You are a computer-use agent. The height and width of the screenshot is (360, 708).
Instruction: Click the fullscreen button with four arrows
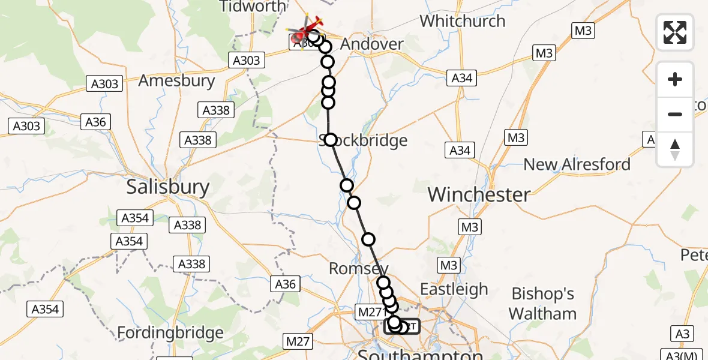675,32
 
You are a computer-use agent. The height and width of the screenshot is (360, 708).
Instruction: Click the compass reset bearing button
675,149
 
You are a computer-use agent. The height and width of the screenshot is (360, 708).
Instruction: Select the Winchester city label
479,194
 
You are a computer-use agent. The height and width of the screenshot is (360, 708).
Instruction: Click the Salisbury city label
168,187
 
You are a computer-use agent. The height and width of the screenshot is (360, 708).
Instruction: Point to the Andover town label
372,44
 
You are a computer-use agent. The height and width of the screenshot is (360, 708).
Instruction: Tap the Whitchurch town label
462,21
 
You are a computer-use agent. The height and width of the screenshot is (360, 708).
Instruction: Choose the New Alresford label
577,164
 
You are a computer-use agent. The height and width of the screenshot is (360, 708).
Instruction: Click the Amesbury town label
176,80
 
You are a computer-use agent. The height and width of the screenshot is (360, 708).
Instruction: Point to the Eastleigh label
454,289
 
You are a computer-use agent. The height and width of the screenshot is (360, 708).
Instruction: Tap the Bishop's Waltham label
542,304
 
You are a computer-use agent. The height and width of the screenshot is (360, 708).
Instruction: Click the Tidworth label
253,7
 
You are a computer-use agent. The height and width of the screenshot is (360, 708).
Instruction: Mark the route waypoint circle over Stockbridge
331,140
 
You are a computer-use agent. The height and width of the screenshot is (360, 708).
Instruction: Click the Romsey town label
358,269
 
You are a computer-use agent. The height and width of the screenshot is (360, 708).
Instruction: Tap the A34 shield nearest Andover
461,77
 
